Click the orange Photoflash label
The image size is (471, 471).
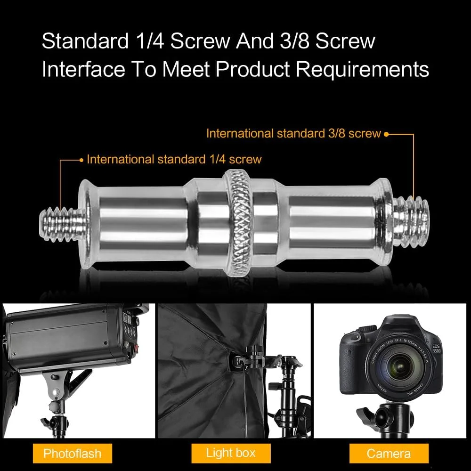point(73,453)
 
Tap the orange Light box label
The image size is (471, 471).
point(231,453)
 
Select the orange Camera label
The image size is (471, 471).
point(389,453)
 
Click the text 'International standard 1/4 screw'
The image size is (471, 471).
point(174,159)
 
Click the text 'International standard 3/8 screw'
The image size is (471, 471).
point(293,133)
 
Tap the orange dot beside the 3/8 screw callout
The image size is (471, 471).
point(386,134)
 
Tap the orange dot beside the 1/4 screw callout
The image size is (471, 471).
point(81,161)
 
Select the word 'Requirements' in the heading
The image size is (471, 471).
point(362,69)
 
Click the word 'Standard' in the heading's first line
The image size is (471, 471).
point(85,41)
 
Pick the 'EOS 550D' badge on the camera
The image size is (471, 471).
point(437,349)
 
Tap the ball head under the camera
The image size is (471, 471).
point(388,416)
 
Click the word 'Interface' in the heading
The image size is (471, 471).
point(83,69)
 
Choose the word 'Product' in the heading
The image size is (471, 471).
point(252,69)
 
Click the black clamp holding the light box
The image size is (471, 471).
point(258,357)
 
